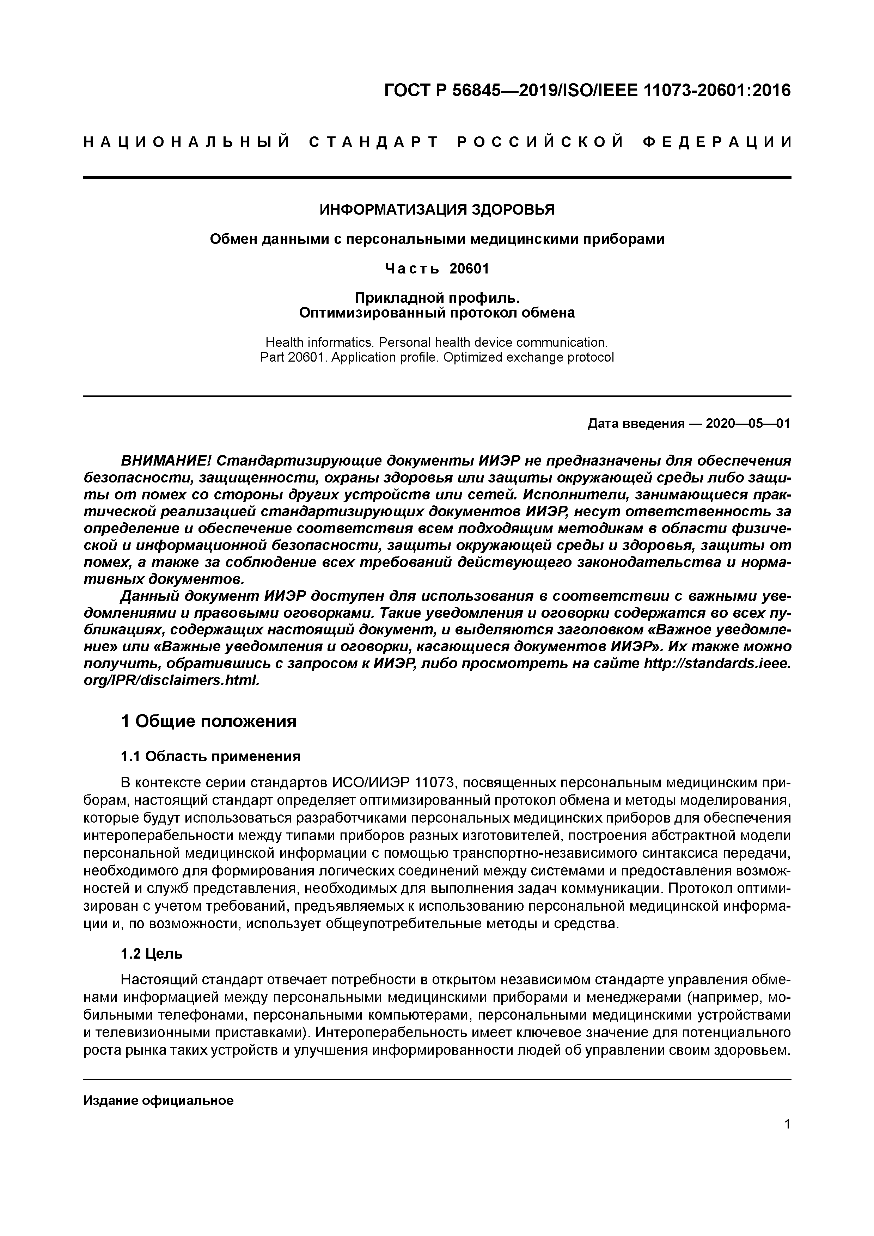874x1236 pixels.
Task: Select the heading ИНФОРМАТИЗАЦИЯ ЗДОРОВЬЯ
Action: click(x=437, y=209)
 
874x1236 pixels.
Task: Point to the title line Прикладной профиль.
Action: click(x=437, y=297)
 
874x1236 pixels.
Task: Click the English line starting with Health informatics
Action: click(x=437, y=342)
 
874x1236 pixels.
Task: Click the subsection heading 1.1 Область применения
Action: click(x=210, y=757)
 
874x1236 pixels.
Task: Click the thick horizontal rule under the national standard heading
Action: click(x=437, y=178)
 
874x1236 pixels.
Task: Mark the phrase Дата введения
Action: click(x=635, y=424)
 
